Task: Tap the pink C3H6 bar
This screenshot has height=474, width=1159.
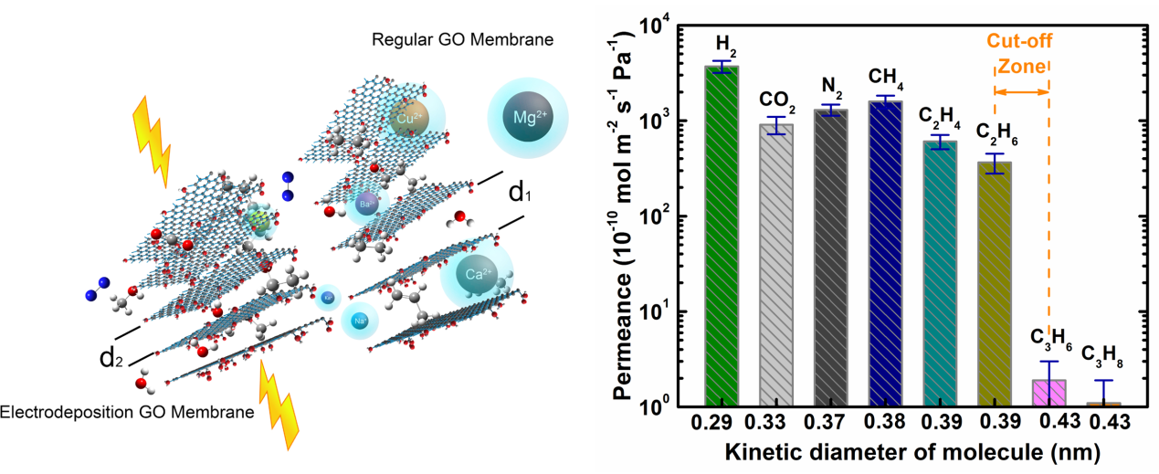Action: pos(1048,393)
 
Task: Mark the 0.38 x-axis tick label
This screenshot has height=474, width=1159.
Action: pos(884,422)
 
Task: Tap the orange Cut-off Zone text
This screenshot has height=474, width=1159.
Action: pos(1019,55)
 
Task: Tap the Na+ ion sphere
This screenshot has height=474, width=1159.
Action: pos(360,321)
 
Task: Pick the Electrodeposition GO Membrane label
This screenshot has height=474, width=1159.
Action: pos(127,413)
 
